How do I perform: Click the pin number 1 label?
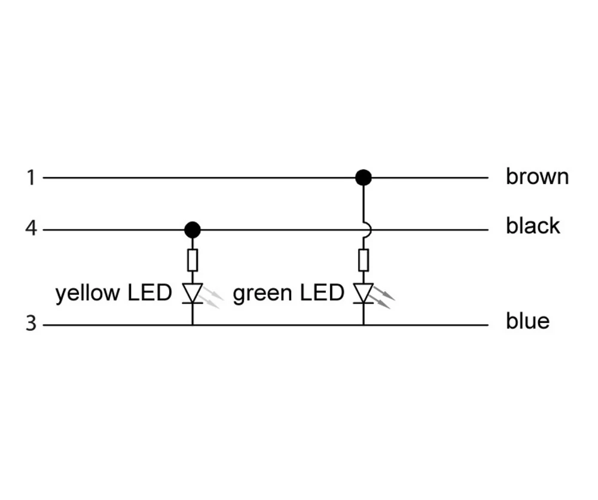click(30, 178)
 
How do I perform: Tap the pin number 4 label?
click(30, 229)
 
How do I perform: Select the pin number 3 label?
click(30, 324)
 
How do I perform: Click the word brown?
click(537, 177)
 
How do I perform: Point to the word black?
click(533, 226)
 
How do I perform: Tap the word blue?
click(527, 321)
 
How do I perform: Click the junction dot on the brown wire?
click(363, 178)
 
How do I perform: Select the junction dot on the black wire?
click(193, 229)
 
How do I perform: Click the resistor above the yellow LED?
click(193, 260)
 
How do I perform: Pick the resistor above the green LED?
click(363, 260)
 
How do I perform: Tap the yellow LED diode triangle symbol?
click(193, 292)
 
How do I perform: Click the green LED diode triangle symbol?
click(363, 292)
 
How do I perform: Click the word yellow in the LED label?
click(87, 294)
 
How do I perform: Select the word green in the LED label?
click(262, 294)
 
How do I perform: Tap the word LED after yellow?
click(149, 293)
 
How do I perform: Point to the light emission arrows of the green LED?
click(383, 297)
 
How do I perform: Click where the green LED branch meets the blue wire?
click(363, 325)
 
